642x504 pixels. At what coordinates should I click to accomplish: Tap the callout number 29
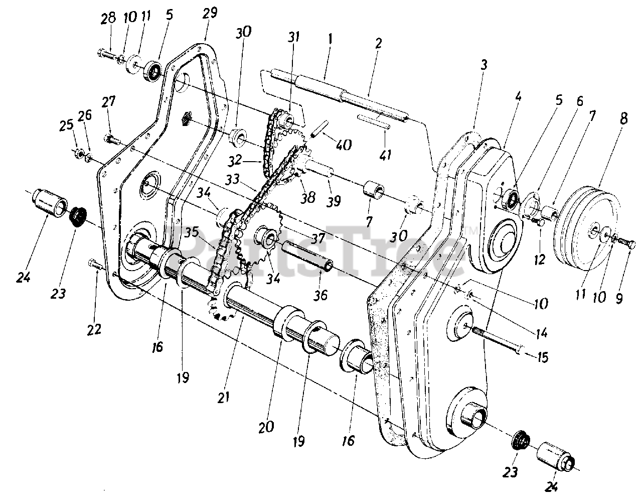click(210, 13)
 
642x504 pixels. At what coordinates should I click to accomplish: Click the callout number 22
click(94, 329)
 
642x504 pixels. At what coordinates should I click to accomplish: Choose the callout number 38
click(308, 196)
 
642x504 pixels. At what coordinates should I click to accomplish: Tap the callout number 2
click(378, 44)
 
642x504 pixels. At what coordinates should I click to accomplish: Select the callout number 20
click(267, 427)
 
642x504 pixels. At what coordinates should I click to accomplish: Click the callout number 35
click(191, 233)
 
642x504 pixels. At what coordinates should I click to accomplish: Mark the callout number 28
click(108, 19)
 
